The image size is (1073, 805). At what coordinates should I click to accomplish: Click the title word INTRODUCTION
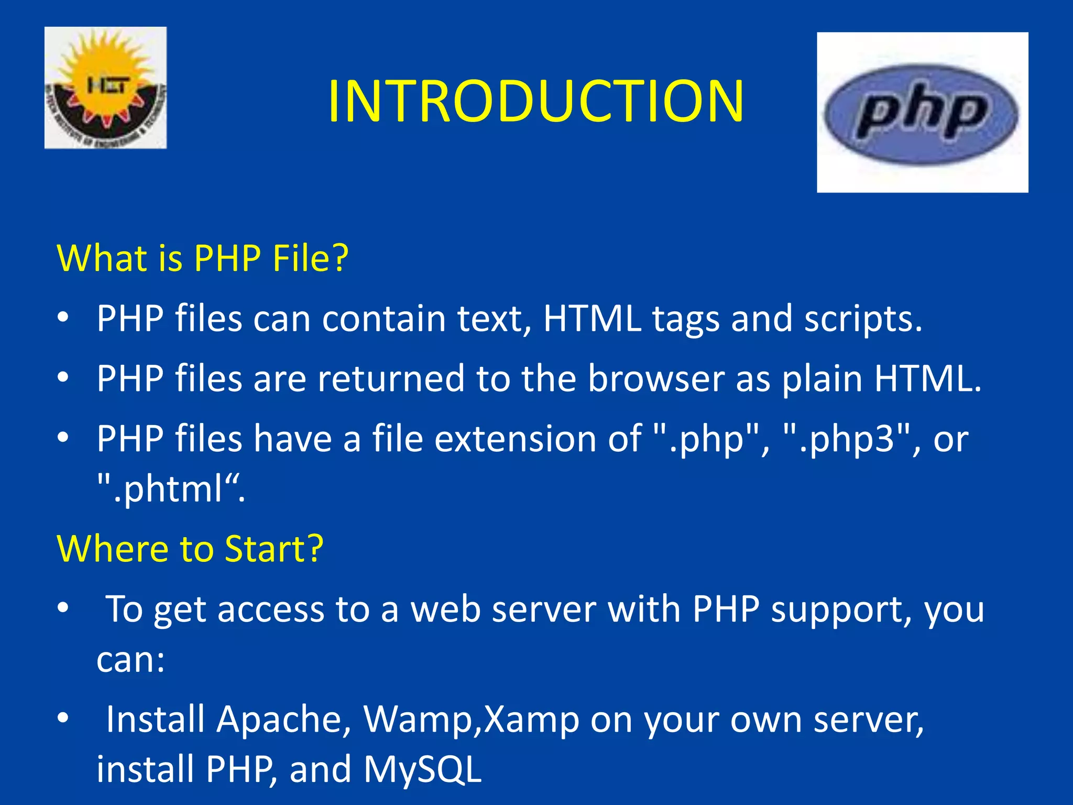tap(535, 101)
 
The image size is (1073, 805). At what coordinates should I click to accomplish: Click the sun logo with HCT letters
tap(105, 88)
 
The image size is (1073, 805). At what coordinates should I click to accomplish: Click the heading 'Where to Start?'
tap(190, 549)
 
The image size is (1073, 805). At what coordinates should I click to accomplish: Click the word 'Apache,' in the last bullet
tap(283, 719)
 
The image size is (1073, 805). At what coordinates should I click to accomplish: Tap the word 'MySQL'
tap(422, 769)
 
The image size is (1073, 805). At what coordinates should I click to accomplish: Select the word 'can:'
tap(130, 659)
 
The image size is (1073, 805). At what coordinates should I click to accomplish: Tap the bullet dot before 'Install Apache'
tap(63, 717)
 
